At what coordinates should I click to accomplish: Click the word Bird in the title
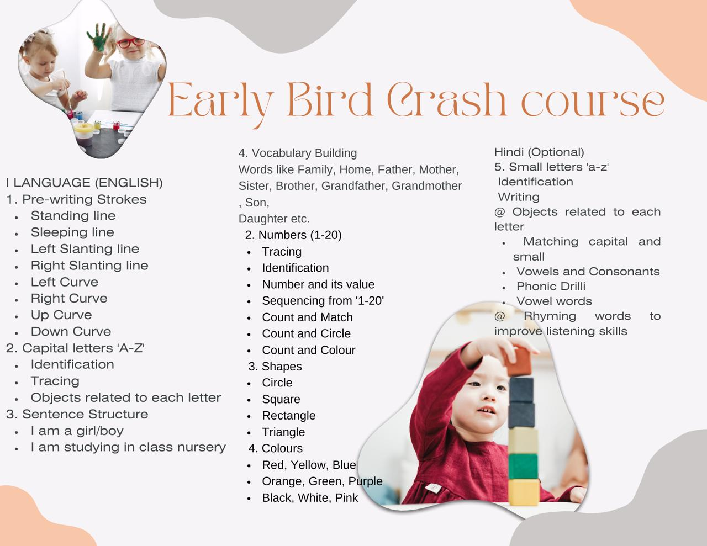tap(330, 99)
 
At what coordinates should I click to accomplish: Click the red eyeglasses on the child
tap(130, 43)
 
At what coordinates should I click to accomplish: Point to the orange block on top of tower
tap(518, 361)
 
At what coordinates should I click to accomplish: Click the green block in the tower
tap(523, 467)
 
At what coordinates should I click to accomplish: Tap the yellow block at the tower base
tap(524, 492)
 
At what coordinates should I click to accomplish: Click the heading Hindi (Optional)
tap(539, 152)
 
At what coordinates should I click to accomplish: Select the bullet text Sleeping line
tap(72, 232)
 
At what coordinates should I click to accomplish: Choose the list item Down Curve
tap(71, 331)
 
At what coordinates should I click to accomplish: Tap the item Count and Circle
tap(307, 333)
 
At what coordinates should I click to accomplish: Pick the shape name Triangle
tap(283, 432)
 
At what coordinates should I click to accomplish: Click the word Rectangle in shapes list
tap(289, 416)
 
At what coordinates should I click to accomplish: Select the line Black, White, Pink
tap(310, 498)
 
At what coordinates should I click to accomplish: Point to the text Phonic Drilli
tap(551, 286)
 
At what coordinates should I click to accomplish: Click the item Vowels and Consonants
tap(588, 271)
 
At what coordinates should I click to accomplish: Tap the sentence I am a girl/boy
tap(77, 431)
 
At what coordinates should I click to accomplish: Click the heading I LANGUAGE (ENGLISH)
tap(85, 183)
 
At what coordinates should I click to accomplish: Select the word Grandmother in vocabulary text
tap(426, 186)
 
